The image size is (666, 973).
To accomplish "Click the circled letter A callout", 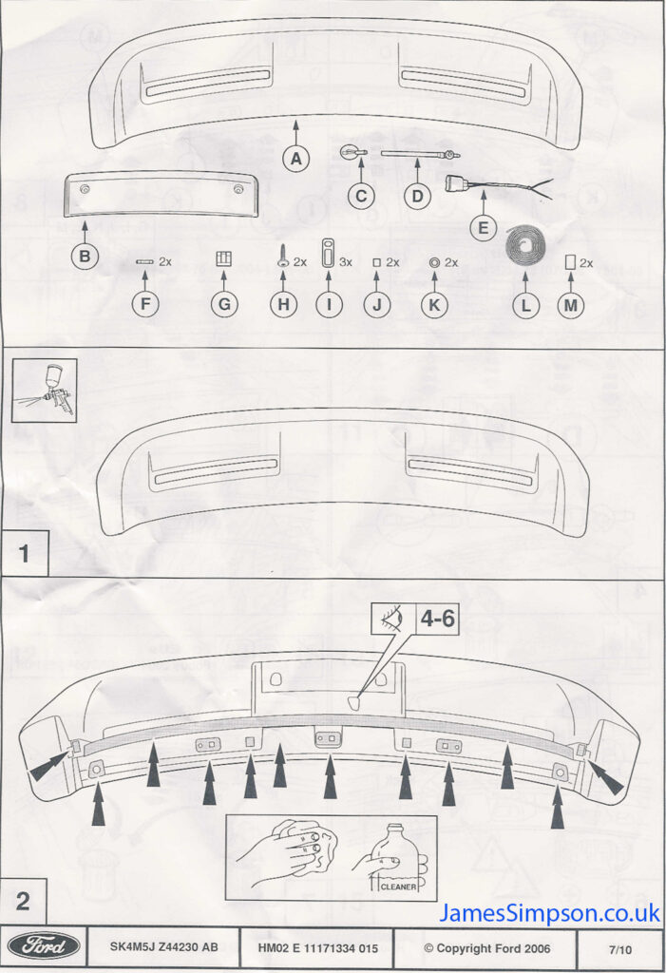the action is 296,159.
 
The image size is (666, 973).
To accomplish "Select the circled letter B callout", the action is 85,256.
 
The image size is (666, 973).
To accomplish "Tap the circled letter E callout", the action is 483,228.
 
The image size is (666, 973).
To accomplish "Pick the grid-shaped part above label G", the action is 224,258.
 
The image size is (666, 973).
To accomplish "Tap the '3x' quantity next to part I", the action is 345,262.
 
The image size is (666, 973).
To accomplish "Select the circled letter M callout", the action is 570,305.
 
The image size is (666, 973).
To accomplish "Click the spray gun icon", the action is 46,391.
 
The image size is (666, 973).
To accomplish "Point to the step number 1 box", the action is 24,553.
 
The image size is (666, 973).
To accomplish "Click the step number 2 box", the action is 23,901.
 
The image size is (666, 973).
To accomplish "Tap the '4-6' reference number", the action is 438,618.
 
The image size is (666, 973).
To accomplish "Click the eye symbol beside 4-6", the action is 393,618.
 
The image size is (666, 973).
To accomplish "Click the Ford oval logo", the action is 45,946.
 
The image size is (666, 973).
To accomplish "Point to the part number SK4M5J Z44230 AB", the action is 163,947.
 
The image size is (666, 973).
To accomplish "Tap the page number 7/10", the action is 620,949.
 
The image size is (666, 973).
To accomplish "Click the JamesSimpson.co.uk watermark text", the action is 549,913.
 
